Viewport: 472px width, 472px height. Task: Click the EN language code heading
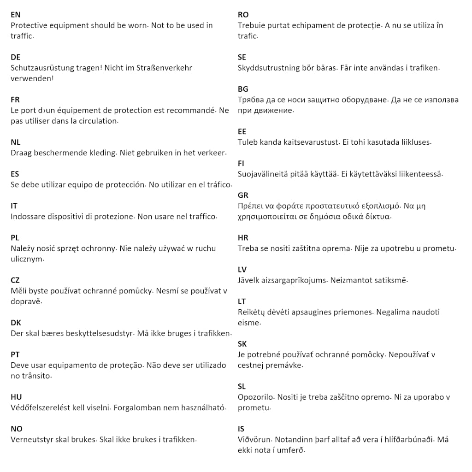coord(16,15)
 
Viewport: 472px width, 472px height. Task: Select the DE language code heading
coord(16,57)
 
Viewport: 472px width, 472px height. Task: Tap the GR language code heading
coord(243,195)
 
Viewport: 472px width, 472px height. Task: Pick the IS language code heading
coord(241,429)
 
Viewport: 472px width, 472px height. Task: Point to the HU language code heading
coord(16,397)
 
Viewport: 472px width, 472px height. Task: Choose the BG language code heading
coord(243,89)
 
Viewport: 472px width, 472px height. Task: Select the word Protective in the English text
coord(30,25)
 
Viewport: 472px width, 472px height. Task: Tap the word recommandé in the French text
coord(187,110)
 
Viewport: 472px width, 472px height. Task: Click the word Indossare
coord(28,216)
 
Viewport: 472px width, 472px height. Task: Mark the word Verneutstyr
coord(32,439)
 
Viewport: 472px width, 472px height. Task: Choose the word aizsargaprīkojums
coord(293,280)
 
